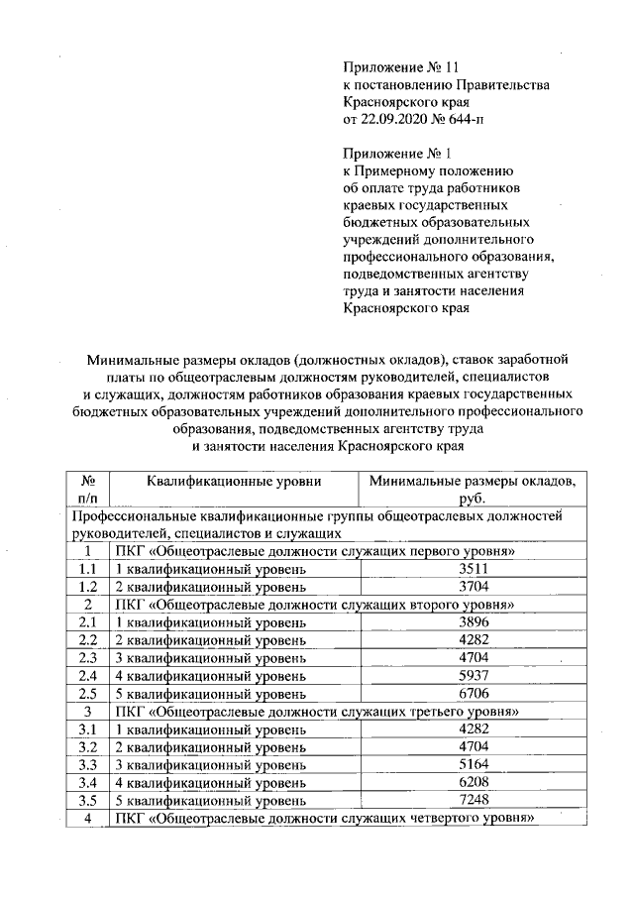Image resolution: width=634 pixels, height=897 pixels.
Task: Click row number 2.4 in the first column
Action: (87, 675)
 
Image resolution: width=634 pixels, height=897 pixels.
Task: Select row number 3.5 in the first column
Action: (87, 800)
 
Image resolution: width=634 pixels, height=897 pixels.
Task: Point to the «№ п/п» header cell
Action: (87, 490)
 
